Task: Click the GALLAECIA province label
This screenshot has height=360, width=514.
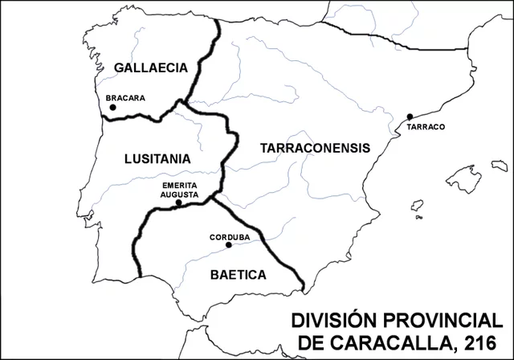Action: (x=150, y=67)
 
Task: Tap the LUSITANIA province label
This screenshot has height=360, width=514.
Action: (x=157, y=158)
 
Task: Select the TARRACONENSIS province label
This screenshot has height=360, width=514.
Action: (x=315, y=148)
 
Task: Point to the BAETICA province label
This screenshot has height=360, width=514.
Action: (x=238, y=274)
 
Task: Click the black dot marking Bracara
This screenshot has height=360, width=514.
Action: (x=113, y=107)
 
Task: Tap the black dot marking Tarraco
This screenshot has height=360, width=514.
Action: (x=410, y=117)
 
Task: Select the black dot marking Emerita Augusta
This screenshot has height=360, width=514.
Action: (x=178, y=202)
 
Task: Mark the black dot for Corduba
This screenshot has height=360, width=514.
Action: (x=229, y=245)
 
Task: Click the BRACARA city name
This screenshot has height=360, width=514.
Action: (x=125, y=99)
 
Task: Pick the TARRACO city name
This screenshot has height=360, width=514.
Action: (x=426, y=127)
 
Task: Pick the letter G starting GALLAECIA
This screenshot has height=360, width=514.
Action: (x=120, y=67)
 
